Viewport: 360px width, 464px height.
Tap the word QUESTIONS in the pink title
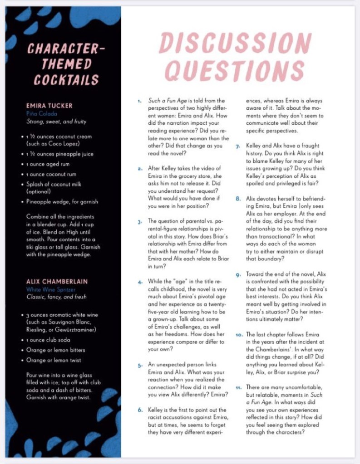point(234,70)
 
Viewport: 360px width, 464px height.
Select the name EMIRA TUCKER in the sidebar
point(49,106)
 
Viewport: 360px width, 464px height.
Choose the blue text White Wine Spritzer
point(51,289)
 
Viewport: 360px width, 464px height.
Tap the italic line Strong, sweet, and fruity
point(56,122)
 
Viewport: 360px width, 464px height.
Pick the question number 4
point(140,282)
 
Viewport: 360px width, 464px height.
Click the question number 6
point(140,410)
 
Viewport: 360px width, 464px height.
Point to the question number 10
point(239,335)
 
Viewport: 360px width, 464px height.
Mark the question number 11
point(238,388)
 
